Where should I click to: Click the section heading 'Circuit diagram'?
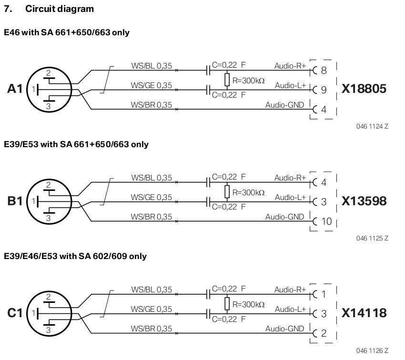(60, 9)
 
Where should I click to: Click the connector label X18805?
(364, 89)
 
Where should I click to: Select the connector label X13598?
(364, 201)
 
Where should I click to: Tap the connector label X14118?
(364, 313)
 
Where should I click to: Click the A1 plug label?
(15, 89)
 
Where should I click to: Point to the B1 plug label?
(15, 201)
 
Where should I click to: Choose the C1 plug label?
(15, 313)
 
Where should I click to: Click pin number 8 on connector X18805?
(324, 70)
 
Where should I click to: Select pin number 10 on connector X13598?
(326, 221)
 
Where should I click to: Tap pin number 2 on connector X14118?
(324, 333)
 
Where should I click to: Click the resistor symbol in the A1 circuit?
(227, 80)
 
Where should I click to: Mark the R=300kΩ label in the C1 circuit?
(248, 304)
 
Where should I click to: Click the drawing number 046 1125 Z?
(372, 238)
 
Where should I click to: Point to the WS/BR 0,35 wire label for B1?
(151, 217)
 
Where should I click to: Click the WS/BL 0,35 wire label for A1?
(152, 66)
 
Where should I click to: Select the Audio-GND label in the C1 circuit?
(284, 329)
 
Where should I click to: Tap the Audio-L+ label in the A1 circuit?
(290, 85)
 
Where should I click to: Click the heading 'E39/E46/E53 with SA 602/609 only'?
(75, 256)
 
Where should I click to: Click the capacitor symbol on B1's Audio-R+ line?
(208, 182)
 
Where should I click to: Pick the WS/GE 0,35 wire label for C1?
(151, 309)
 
